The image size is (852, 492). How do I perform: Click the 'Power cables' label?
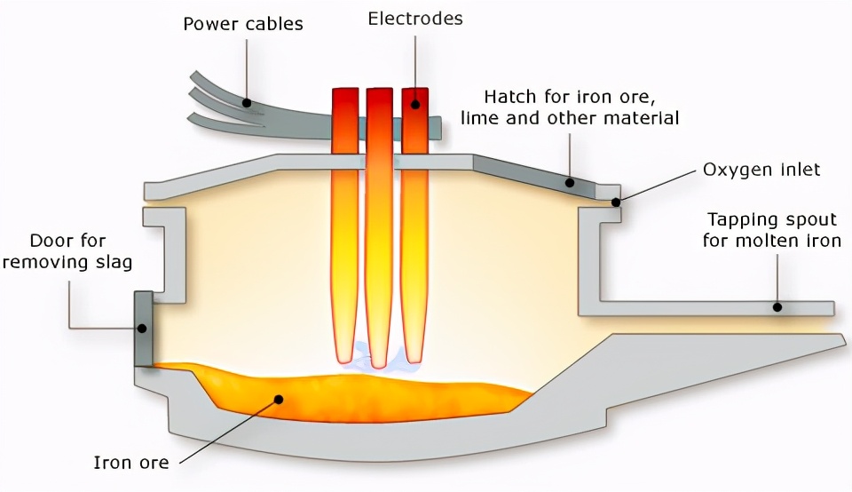tap(242, 23)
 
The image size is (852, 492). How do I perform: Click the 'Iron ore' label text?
tap(131, 463)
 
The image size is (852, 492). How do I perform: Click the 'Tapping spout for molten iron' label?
tap(772, 229)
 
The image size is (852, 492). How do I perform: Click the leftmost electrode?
tap(343, 222)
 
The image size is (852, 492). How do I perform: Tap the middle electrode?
tap(379, 222)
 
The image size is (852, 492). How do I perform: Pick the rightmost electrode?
tap(414, 222)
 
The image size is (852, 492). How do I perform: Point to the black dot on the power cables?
tap(248, 103)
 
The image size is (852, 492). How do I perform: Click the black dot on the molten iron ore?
tap(279, 400)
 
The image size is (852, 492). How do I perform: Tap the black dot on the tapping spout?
tap(777, 307)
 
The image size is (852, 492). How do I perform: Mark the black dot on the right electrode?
tap(414, 104)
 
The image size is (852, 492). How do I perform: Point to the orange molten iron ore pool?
tap(373, 395)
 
